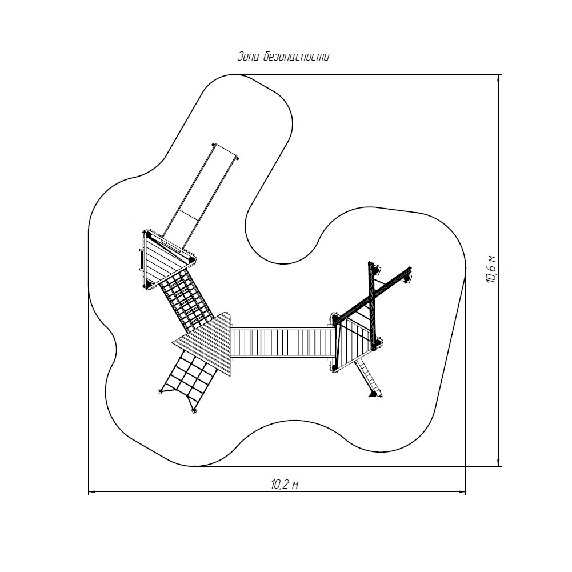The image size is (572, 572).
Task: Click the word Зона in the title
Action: point(249,57)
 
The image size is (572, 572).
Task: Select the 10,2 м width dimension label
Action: point(285,485)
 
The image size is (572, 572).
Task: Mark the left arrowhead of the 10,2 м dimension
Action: point(93,492)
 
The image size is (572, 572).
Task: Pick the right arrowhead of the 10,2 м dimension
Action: point(462,492)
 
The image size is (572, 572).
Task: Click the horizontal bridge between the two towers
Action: point(283,342)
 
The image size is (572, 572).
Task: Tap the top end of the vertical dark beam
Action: point(370,263)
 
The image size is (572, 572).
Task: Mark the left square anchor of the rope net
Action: point(160,391)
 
